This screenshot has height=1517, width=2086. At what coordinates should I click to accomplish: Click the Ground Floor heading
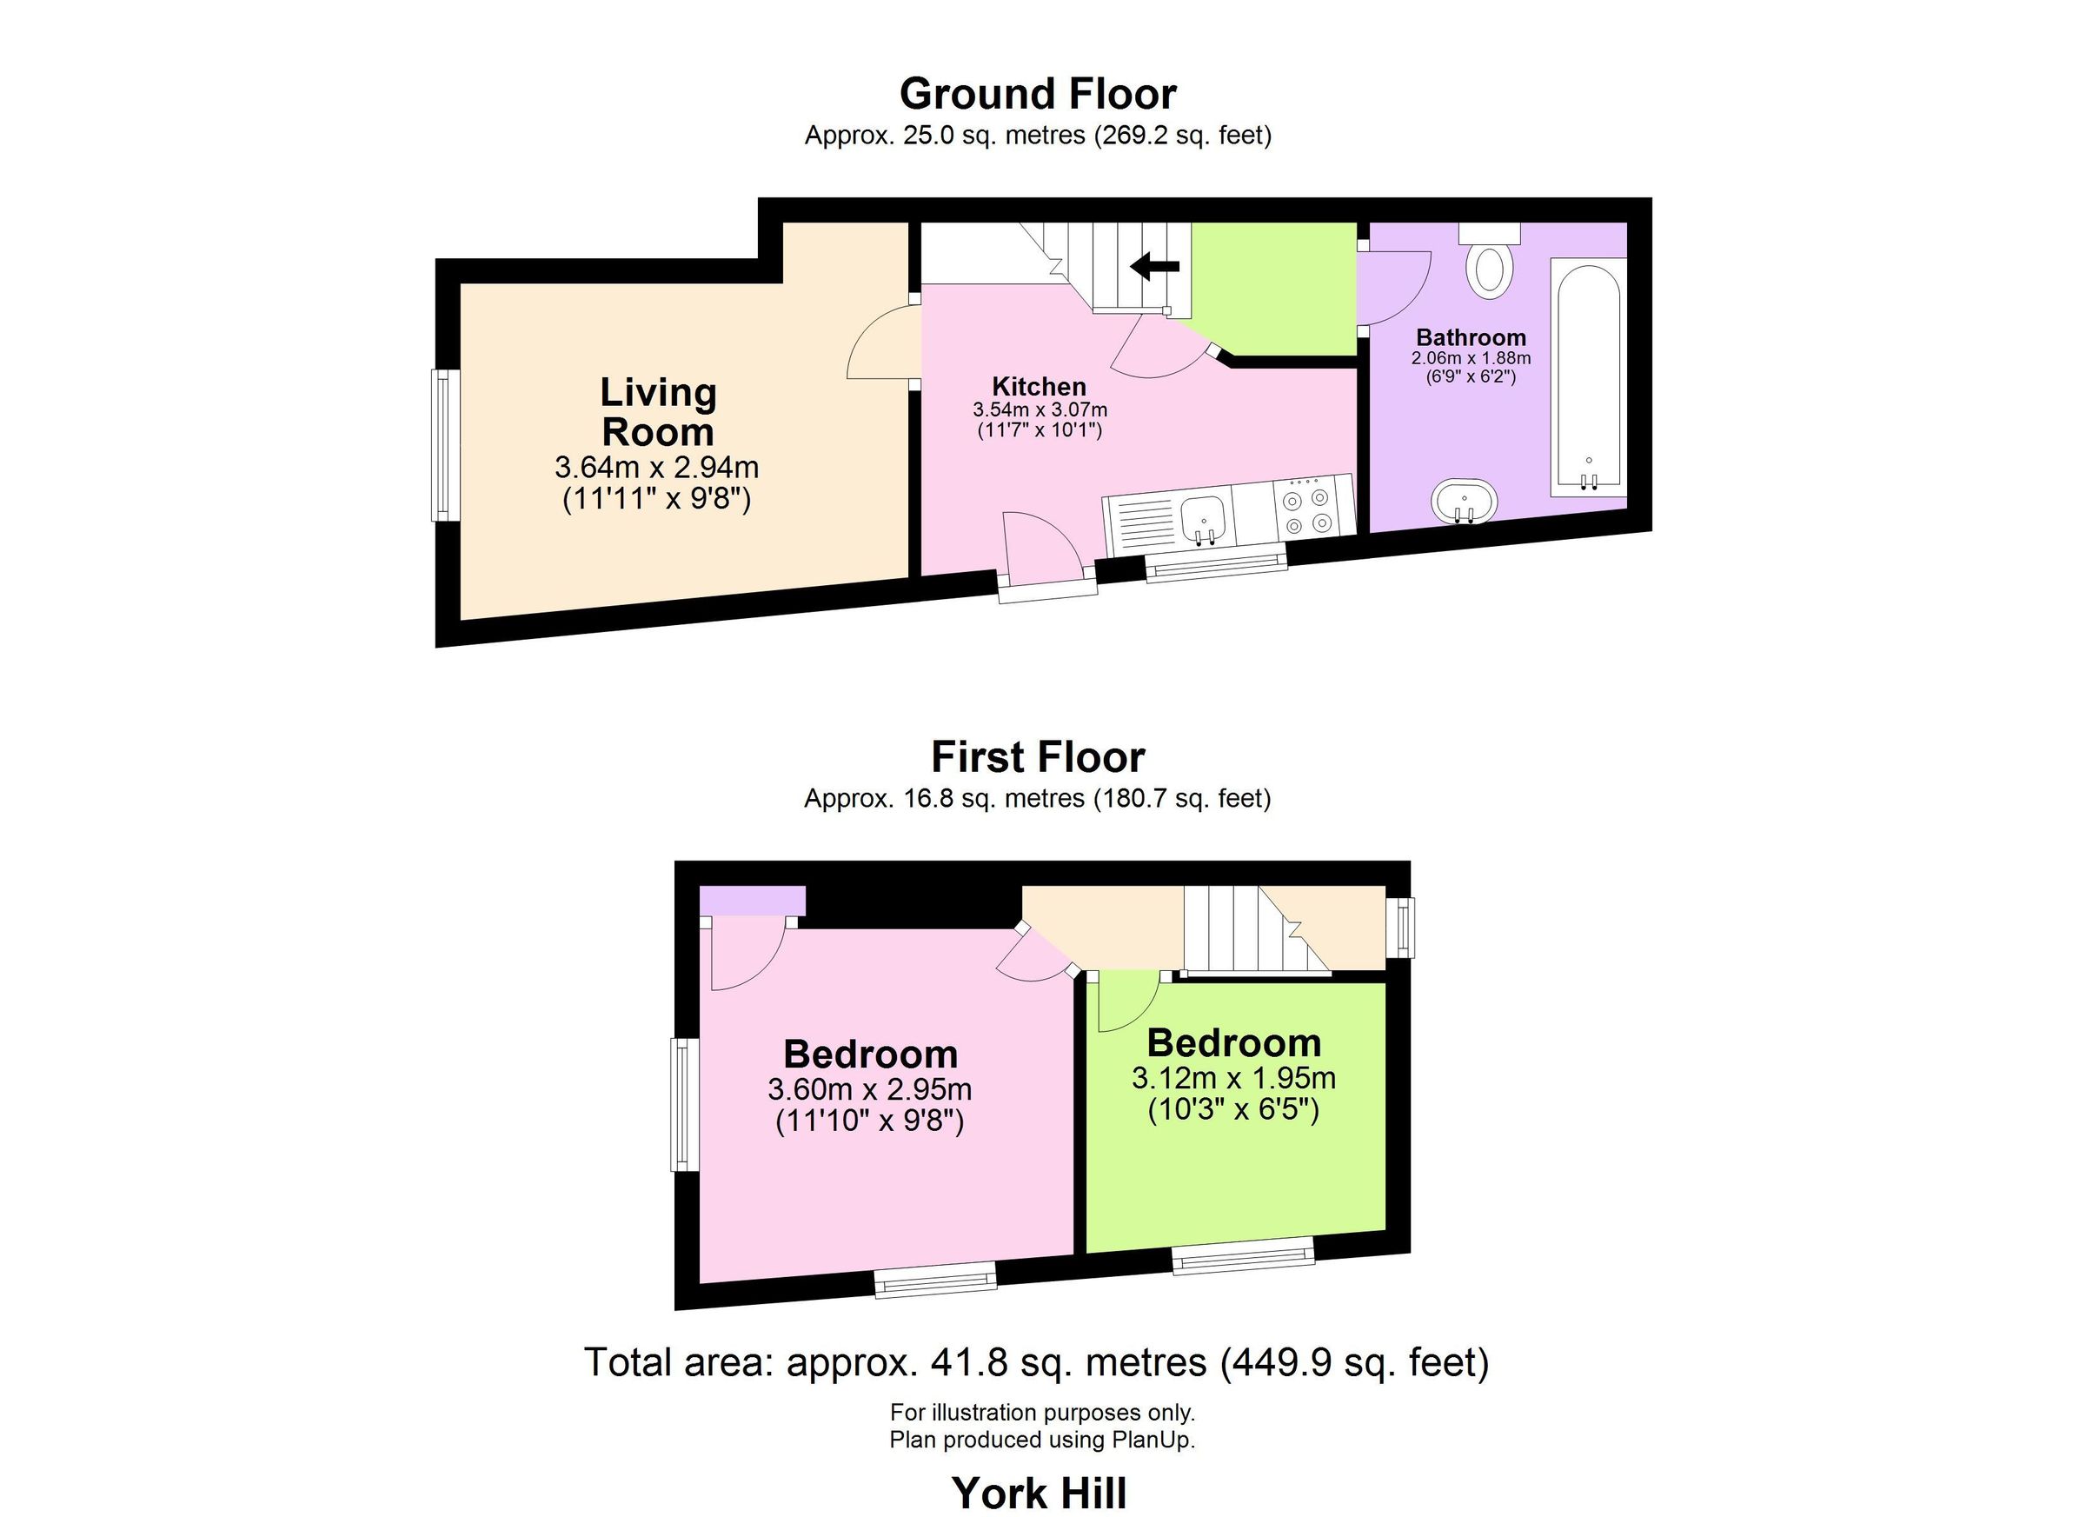pos(1038,94)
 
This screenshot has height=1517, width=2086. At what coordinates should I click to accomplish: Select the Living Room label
pos(658,412)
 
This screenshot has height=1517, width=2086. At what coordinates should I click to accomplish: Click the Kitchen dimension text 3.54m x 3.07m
pos(1040,409)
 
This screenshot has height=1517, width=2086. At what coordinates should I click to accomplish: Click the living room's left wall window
pos(446,445)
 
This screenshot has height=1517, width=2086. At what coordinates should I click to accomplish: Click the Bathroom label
pos(1471,336)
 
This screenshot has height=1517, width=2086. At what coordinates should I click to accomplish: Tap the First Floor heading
pos(1038,757)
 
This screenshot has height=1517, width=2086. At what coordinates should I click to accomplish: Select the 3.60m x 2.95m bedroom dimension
pos(869,1089)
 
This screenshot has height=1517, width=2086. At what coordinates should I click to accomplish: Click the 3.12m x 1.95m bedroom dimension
pos(1233,1077)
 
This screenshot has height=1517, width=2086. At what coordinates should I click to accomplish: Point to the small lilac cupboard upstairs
pos(753,901)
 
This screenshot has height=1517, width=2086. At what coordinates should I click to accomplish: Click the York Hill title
pos(1039,1492)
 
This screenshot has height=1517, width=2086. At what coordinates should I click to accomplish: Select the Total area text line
pos(1037,1362)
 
